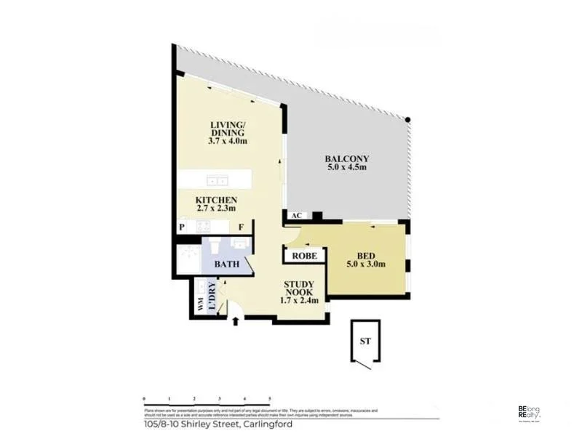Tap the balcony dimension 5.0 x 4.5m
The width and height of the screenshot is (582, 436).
[347, 168]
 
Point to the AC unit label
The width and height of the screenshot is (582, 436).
[296, 217]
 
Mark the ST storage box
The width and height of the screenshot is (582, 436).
[367, 341]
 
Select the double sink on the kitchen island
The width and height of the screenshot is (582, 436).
[215, 180]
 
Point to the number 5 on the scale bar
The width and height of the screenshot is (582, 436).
[270, 399]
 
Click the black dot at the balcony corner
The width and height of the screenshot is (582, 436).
[409, 120]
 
